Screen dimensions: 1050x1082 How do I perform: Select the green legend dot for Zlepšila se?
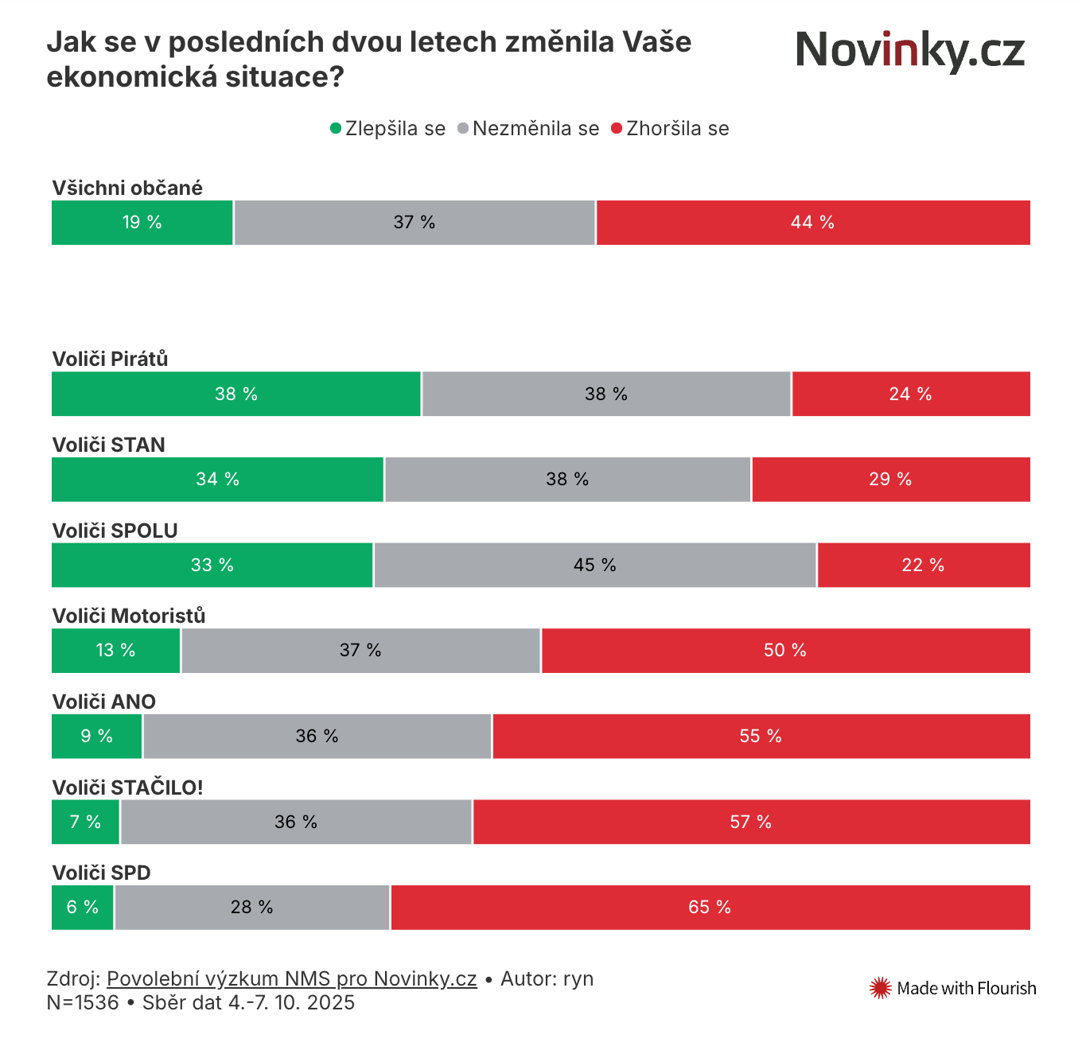click(336, 128)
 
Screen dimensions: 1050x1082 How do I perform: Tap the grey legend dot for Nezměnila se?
click(463, 128)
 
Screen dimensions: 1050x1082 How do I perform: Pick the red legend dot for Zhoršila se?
click(617, 128)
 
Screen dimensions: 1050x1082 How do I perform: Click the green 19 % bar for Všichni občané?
click(142, 223)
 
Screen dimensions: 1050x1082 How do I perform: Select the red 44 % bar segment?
click(812, 223)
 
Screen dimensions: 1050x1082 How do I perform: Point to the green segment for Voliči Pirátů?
click(235, 394)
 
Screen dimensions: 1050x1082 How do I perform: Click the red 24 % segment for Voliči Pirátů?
click(910, 394)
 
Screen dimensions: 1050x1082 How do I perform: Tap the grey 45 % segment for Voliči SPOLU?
click(594, 565)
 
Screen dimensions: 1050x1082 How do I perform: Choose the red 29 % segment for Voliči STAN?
click(890, 479)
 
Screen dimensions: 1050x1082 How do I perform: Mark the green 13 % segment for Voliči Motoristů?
click(115, 651)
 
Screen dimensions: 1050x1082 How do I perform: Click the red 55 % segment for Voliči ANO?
click(761, 736)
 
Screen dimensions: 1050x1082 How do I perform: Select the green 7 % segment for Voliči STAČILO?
click(85, 822)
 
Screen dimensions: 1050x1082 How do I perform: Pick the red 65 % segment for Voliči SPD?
click(710, 907)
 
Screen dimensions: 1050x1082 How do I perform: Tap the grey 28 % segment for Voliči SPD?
click(251, 907)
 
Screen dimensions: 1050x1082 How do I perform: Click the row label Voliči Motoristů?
click(129, 616)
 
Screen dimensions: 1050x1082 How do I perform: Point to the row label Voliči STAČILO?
click(127, 787)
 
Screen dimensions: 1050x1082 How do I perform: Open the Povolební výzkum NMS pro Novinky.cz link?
click(291, 978)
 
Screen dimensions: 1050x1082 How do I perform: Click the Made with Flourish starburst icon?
click(880, 988)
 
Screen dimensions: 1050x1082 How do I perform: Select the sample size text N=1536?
click(83, 1002)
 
